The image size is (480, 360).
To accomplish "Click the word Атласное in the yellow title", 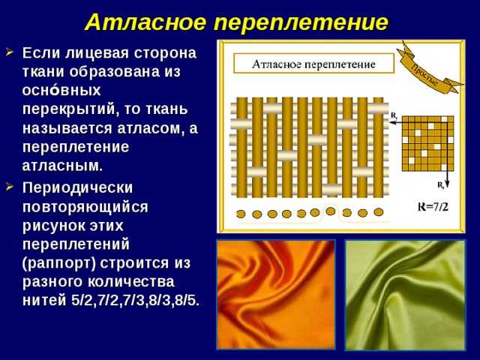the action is [x=145, y=22].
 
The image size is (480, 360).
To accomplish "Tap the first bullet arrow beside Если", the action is [x=10, y=52].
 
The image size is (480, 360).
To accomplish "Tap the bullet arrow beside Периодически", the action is [x=10, y=187].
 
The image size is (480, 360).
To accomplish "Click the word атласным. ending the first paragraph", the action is [x=62, y=166].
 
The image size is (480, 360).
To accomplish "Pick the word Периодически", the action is [x=77, y=188].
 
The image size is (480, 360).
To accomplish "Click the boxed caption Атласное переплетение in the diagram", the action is [x=313, y=64].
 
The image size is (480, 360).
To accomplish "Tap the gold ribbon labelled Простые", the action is [x=428, y=68].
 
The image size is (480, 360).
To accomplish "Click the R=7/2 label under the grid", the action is [x=433, y=207].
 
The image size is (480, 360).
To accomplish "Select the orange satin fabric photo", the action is [x=276, y=295].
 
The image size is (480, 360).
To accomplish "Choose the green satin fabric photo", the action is [x=406, y=295].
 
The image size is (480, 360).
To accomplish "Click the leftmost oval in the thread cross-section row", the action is [x=241, y=214].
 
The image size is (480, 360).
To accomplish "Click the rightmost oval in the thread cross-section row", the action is [x=379, y=211].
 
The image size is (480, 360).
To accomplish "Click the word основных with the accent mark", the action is [x=61, y=91].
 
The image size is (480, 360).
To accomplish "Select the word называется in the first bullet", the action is [x=67, y=129].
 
